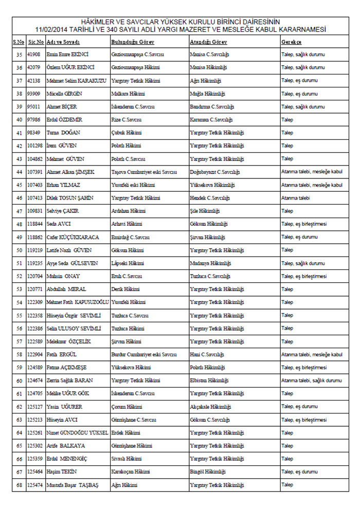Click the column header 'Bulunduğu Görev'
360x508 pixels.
tap(132, 41)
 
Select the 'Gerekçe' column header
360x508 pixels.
tap(291, 41)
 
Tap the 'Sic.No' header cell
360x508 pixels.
tap(35, 41)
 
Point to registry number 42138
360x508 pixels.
tap(34, 80)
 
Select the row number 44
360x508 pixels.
tap(19, 172)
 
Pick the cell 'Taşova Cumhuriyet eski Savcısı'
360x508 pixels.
tap(144, 172)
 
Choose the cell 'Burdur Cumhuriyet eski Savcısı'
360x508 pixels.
tap(144, 355)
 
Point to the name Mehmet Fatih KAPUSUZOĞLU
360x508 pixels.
tap(78, 302)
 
